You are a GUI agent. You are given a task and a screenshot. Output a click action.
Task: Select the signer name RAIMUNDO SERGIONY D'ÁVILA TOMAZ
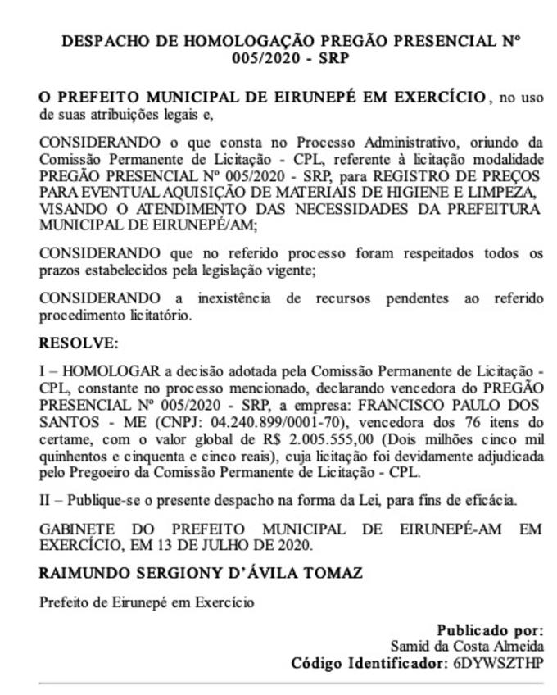(x=202, y=573)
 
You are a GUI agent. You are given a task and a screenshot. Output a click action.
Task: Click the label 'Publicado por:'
(x=489, y=630)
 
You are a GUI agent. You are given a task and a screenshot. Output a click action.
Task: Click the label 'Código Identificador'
(x=366, y=663)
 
